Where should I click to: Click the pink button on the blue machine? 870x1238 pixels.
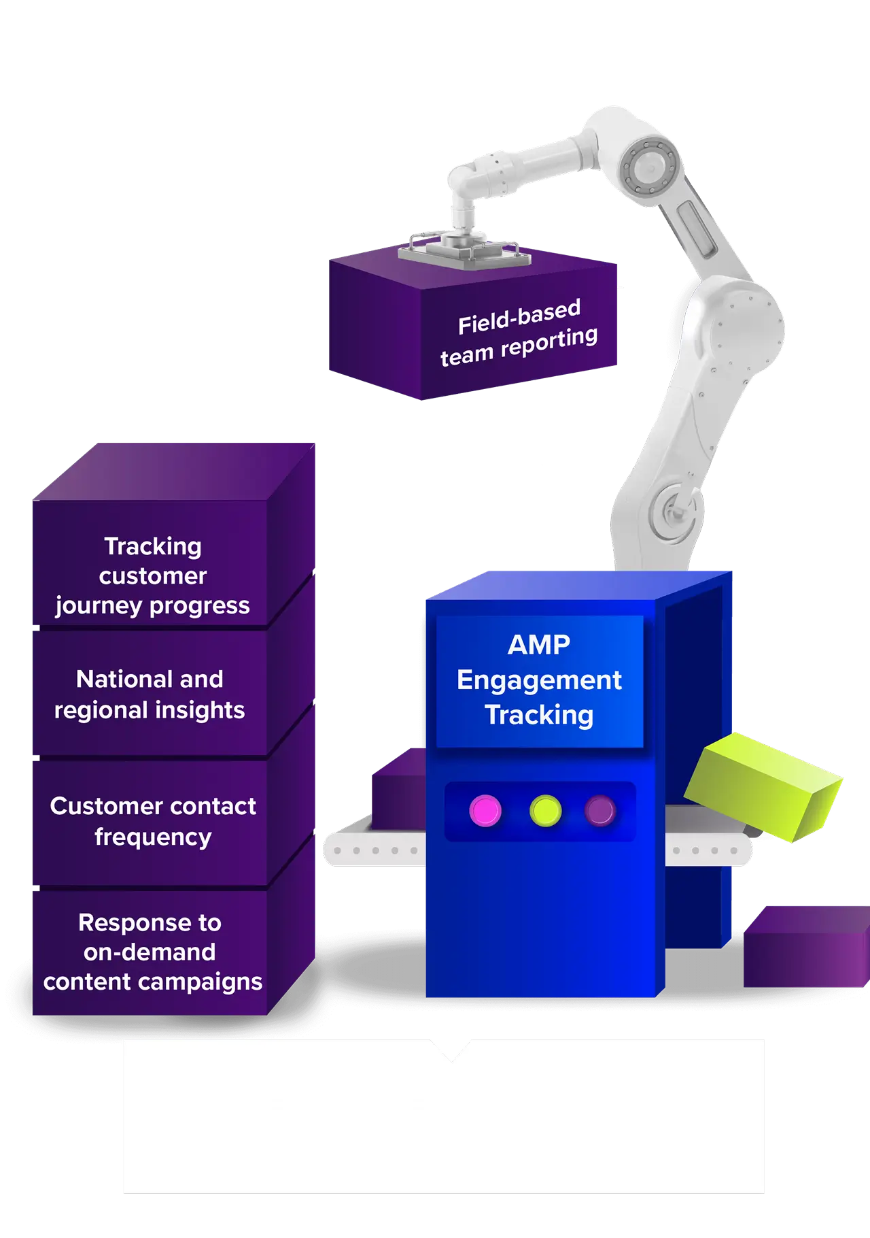tap(485, 811)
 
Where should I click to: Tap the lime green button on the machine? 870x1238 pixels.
tap(545, 810)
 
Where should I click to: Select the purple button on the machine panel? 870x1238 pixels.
tap(600, 810)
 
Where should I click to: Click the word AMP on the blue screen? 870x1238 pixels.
tap(539, 645)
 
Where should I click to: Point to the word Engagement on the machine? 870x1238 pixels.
tap(539, 680)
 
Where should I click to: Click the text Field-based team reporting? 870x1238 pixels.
tap(519, 333)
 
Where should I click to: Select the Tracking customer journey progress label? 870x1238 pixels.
tap(152, 575)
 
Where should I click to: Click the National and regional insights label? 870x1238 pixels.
tap(150, 694)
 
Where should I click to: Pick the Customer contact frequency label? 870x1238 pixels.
tap(153, 821)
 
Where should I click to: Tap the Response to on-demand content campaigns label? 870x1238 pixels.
tap(152, 952)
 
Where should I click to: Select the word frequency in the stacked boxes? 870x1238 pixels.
tap(153, 837)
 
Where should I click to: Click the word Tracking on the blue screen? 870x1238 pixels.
tap(539, 716)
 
